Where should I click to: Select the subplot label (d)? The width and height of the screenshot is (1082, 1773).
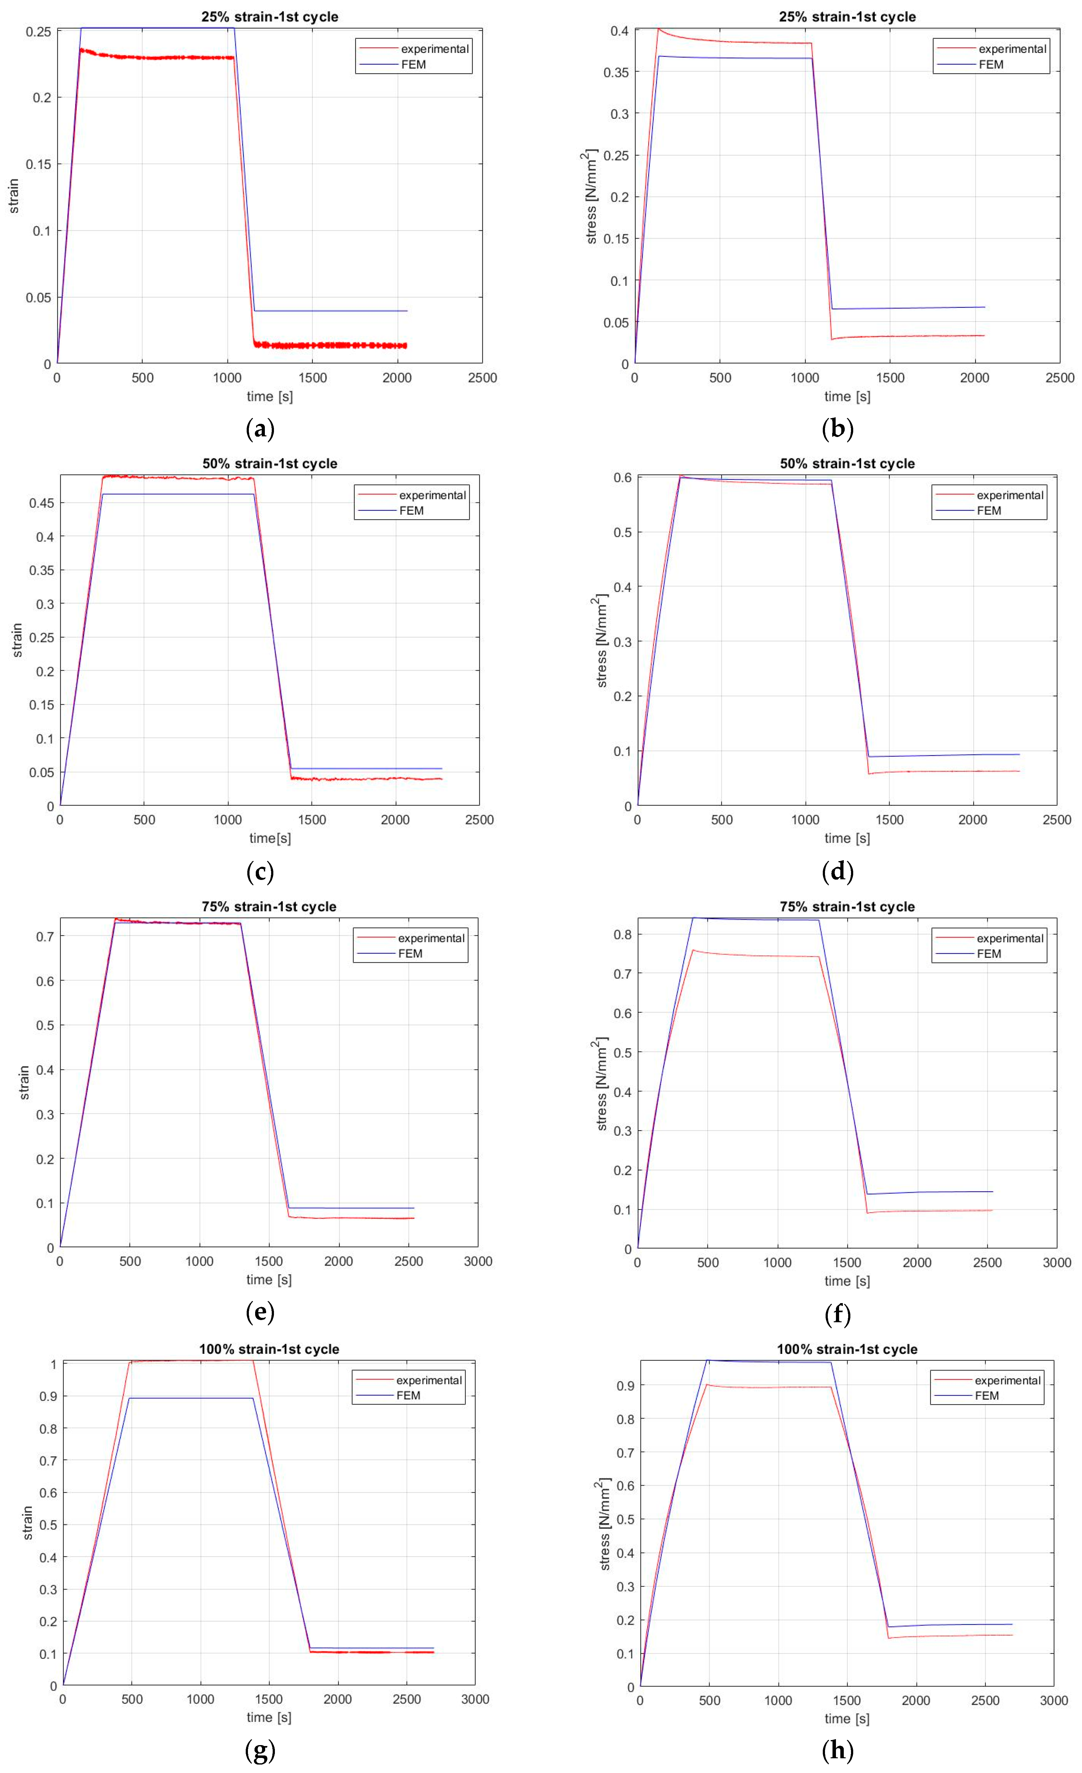click(838, 872)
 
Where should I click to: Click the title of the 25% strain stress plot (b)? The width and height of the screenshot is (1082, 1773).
click(847, 17)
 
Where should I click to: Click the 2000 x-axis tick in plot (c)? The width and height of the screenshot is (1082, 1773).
click(395, 820)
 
